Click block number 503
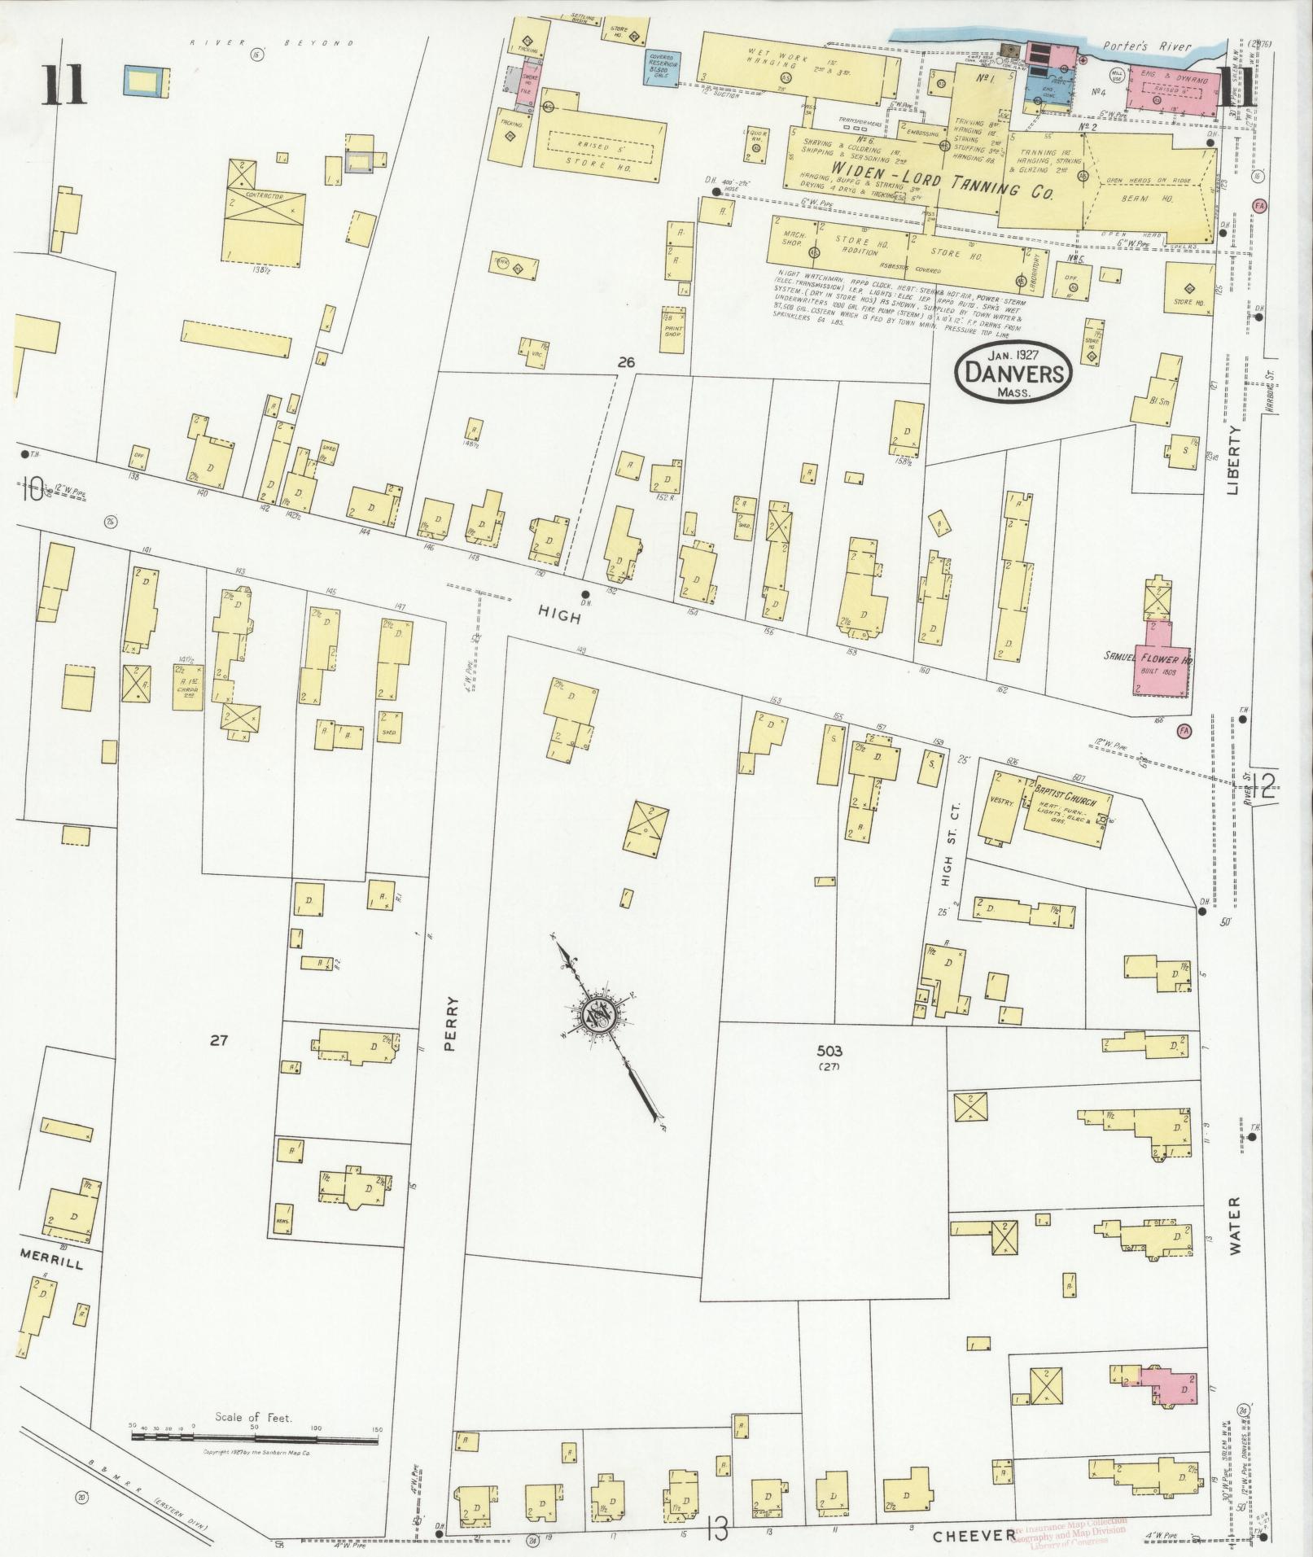click(x=829, y=1052)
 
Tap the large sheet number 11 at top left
click(x=65, y=86)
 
